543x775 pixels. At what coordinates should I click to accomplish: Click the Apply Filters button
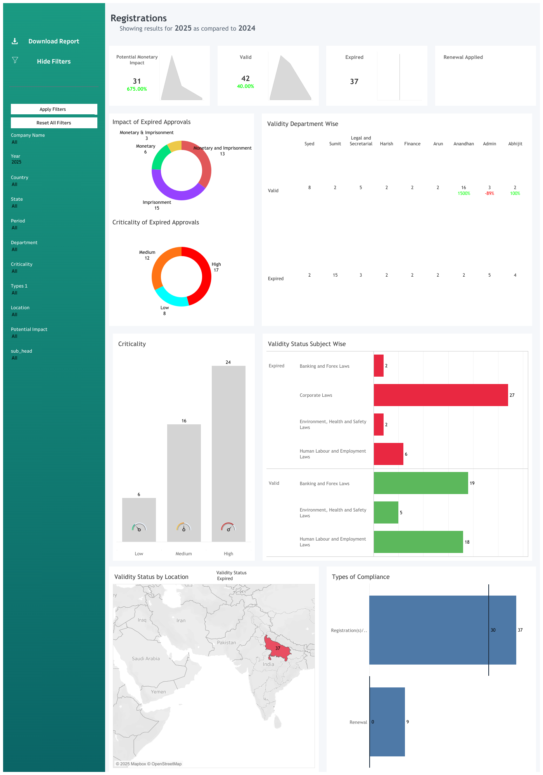click(54, 109)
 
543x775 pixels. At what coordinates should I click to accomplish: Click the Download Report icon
click(15, 41)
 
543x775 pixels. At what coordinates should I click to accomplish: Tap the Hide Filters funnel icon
click(15, 60)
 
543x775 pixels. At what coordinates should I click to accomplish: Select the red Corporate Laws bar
click(441, 395)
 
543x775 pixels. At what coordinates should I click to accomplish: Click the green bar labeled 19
click(421, 483)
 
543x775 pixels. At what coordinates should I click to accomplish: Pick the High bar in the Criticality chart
click(228, 446)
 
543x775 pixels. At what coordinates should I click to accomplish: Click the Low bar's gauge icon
click(139, 527)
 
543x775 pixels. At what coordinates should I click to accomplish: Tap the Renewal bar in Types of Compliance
click(387, 722)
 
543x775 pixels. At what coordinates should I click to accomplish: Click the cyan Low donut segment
click(170, 298)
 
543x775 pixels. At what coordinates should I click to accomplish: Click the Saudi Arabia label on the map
click(146, 659)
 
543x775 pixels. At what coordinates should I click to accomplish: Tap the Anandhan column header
click(463, 144)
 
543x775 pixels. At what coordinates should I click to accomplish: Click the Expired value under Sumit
click(335, 275)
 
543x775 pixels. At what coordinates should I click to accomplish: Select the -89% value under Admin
click(489, 193)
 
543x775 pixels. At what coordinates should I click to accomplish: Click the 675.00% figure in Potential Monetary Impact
click(137, 89)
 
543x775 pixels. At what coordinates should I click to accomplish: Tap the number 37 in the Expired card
click(354, 82)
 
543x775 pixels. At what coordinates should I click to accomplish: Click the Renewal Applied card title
click(463, 57)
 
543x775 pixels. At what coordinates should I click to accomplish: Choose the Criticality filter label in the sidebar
click(22, 264)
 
